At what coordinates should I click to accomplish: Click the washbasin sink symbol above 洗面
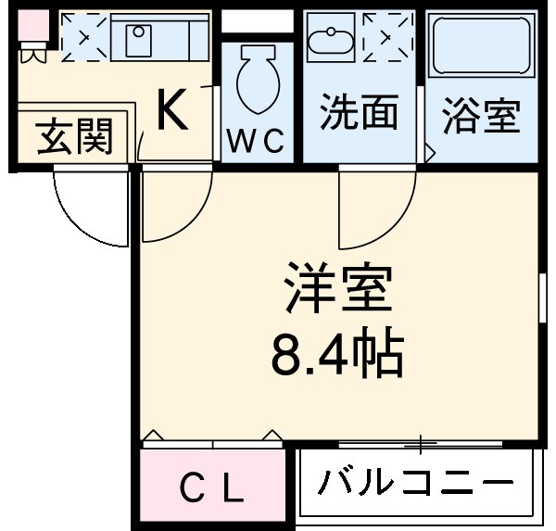(x=332, y=39)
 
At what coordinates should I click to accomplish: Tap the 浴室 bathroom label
(x=481, y=117)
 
